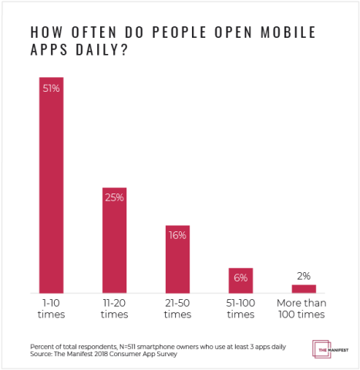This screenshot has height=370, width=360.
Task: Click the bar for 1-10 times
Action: tap(51, 185)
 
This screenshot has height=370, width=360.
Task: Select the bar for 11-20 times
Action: tap(114, 240)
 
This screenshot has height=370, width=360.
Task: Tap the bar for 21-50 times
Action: tap(177, 259)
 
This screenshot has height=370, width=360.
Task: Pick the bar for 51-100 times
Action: tap(241, 281)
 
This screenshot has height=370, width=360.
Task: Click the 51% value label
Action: tap(51, 87)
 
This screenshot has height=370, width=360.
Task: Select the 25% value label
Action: tap(114, 197)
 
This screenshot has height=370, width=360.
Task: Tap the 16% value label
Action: tap(177, 235)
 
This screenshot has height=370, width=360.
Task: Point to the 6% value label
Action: tap(241, 277)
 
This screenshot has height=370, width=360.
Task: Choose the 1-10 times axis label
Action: tap(51, 309)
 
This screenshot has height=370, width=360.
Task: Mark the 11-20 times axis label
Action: tap(114, 309)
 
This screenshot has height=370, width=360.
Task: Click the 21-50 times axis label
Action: tap(177, 309)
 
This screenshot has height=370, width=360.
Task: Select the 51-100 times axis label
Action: tap(241, 309)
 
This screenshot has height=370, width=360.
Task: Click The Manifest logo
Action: tap(328, 348)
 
